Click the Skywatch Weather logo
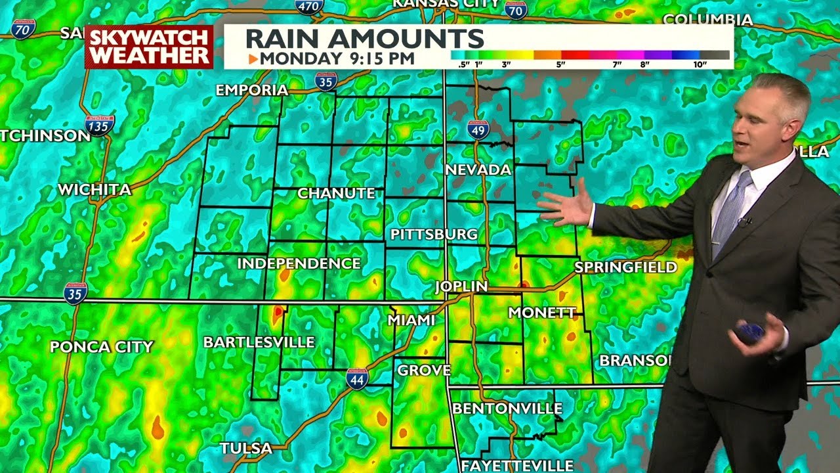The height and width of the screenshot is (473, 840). [x=149, y=47]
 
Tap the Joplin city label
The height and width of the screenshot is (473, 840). [x=461, y=286]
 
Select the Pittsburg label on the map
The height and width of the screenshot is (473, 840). [x=434, y=235]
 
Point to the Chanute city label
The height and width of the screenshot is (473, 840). [x=336, y=193]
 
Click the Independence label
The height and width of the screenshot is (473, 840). [x=299, y=263]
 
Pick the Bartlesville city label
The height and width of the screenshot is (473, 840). [x=259, y=342]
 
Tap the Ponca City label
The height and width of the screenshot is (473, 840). [x=102, y=347]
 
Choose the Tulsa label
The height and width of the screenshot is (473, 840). [x=245, y=448]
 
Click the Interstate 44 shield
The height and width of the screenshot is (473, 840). [x=357, y=378]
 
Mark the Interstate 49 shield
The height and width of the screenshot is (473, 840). [x=478, y=129]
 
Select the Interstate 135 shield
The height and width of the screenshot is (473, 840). [x=99, y=125]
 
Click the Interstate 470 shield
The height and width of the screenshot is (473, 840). [x=309, y=7]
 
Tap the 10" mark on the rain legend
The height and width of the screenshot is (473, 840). [x=700, y=64]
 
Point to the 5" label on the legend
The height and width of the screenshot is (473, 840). [x=560, y=64]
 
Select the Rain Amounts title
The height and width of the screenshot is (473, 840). [x=364, y=38]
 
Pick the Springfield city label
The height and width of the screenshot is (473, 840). [x=625, y=267]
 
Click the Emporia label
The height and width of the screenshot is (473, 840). [x=252, y=90]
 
